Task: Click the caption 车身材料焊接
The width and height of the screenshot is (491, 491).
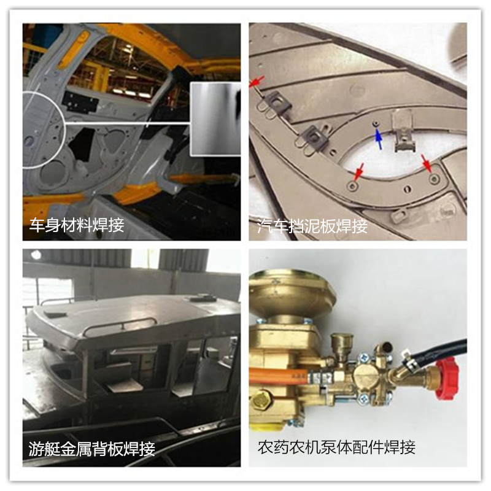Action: pyautogui.click(x=76, y=225)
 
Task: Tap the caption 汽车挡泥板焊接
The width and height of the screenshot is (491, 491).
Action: pyautogui.click(x=312, y=226)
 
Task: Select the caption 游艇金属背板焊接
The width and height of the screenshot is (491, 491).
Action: pyautogui.click(x=91, y=449)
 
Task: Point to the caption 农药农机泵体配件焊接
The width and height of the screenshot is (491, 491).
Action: pyautogui.click(x=336, y=447)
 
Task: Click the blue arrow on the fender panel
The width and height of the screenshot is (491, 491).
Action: pyautogui.click(x=379, y=140)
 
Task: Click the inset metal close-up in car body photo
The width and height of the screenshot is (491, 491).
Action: pyautogui.click(x=215, y=119)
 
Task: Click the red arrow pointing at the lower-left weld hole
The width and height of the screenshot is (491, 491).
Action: pyautogui.click(x=359, y=172)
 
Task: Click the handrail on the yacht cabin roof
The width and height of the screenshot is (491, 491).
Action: pyautogui.click(x=120, y=325)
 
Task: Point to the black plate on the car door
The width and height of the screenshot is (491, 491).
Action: pyautogui.click(x=80, y=102)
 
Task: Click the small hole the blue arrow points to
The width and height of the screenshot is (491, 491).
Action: pyautogui.click(x=376, y=124)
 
